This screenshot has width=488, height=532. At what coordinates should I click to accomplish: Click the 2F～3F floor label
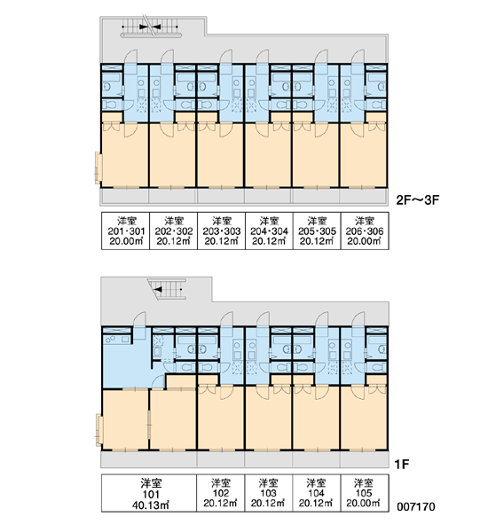418,199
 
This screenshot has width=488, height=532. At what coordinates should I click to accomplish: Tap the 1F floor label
402,464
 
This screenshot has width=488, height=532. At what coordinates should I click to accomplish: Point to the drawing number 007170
416,507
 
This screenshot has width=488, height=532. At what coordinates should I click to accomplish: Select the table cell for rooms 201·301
126,231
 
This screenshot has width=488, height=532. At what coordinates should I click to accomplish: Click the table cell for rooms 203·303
222,231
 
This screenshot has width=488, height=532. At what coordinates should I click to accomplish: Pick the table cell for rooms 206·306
365,231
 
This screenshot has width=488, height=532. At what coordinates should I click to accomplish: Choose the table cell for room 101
149,493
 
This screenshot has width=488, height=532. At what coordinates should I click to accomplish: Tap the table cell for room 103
268,493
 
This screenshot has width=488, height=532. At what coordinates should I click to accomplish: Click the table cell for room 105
365,493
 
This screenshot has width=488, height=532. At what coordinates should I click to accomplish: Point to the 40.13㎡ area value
151,505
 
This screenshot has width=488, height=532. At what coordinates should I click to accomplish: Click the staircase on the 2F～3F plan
151,27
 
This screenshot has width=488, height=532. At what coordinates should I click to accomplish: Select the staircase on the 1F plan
168,289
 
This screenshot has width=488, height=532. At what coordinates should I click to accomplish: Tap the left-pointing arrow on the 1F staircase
158,289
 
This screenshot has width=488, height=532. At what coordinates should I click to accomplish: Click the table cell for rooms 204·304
269,231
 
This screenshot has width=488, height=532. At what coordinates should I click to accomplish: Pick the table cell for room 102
221,493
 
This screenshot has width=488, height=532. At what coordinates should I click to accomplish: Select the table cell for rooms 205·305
317,231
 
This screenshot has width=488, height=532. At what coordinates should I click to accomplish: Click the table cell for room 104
317,493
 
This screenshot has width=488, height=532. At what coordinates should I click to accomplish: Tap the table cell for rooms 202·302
174,231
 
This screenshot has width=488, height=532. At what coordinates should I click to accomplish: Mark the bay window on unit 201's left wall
98,168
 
